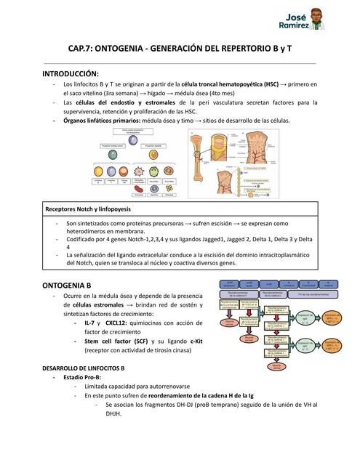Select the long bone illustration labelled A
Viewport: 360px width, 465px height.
(x=201, y=167)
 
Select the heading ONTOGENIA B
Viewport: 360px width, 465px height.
(x=67, y=285)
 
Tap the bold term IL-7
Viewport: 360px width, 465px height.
(x=91, y=322)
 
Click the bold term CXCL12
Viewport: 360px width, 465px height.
(x=119, y=322)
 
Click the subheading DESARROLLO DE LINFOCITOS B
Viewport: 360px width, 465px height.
(x=83, y=368)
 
